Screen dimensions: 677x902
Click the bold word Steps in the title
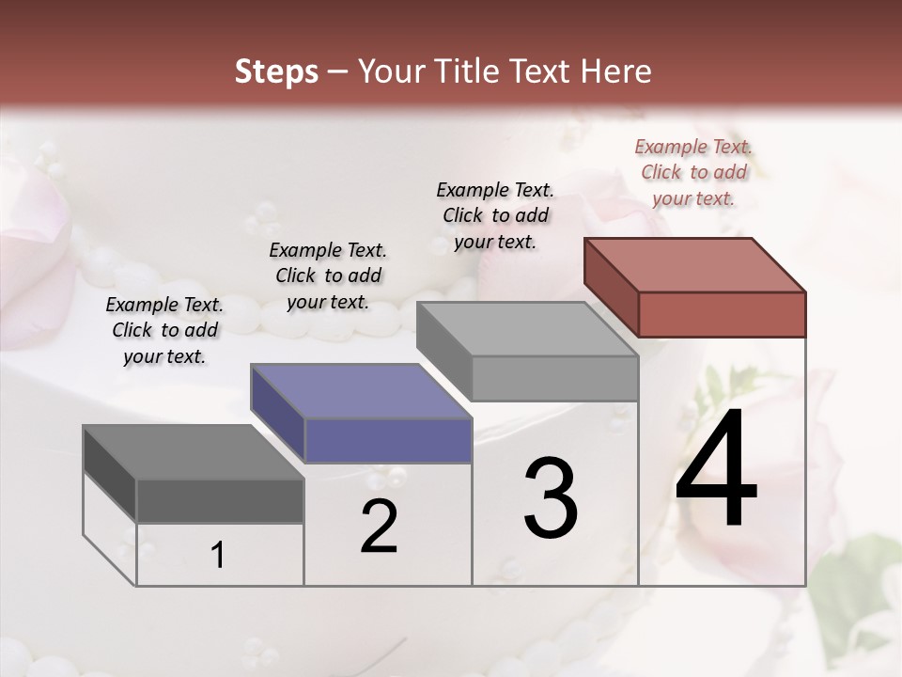pos(276,71)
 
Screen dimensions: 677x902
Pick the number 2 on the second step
pos(379,527)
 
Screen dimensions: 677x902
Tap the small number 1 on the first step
pos(218,556)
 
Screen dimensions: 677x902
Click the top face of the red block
pos(694,265)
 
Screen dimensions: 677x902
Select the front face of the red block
pos(722,314)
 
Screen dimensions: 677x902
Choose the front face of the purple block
pos(387,440)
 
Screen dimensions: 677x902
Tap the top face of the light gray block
pos(527,329)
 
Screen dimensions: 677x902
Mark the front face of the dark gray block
pos(220,500)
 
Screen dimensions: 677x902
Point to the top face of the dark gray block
pos(194,452)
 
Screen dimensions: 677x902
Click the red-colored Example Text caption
pos(693,172)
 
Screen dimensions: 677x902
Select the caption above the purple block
pos(328,276)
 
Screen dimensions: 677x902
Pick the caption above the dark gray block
pos(164,330)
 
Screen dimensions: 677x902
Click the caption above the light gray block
pos(495,215)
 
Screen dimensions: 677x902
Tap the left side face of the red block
pos(611,286)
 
